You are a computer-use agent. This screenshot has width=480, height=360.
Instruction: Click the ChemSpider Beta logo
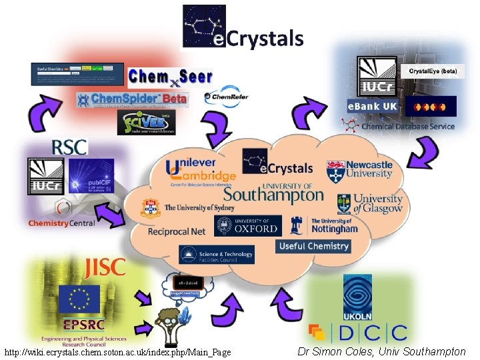[132, 99]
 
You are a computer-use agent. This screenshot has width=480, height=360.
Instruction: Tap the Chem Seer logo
[170, 77]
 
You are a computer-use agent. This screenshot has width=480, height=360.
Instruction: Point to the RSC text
[70, 147]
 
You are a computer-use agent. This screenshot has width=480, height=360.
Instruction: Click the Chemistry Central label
[61, 223]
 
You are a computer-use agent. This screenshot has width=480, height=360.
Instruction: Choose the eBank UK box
[372, 107]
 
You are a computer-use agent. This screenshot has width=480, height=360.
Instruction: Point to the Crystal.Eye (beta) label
[432, 71]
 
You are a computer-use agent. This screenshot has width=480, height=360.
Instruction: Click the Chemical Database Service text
[407, 126]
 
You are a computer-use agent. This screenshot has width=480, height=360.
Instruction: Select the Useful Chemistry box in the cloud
[313, 246]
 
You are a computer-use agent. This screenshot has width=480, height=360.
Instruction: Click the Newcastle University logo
[359, 170]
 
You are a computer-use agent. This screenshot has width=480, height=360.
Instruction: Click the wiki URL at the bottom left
[117, 351]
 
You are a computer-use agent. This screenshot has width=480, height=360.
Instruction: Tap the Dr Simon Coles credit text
[382, 351]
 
